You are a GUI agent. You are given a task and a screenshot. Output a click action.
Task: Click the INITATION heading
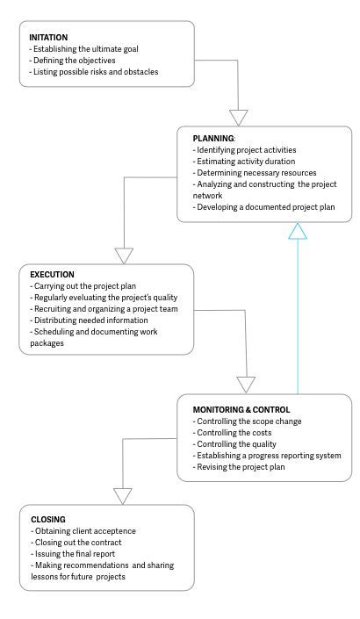point(48,38)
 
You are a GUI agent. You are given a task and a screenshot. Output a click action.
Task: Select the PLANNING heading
point(214,139)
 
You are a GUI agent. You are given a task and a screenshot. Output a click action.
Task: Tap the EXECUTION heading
point(52,275)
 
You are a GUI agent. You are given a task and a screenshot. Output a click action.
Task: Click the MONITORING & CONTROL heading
point(241,409)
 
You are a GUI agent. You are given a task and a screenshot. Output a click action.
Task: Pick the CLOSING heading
point(47,520)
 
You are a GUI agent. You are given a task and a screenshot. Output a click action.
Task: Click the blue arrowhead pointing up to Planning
point(299,231)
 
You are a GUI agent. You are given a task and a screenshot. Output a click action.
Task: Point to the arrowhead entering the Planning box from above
point(238,117)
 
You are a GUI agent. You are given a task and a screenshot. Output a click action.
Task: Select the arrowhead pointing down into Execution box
point(125,255)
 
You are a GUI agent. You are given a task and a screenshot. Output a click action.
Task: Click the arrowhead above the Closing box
point(122,495)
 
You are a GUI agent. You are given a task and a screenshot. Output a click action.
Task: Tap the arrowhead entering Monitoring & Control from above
point(247,384)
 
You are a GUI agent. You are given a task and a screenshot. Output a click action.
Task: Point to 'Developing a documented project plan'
point(261,207)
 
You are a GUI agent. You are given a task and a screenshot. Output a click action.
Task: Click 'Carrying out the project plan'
point(83,286)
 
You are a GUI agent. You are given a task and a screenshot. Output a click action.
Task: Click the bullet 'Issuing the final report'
point(76,554)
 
